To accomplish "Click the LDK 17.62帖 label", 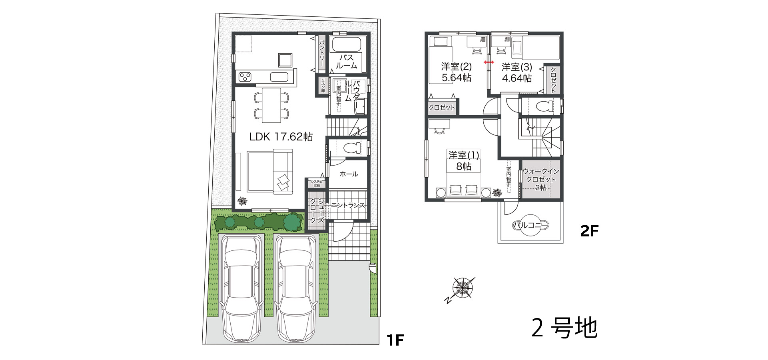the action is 281,137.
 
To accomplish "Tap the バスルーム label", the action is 346,62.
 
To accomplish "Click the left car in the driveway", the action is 242,289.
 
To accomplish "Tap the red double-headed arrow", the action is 489,62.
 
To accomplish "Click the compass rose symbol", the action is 462,288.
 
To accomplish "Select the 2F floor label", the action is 589,231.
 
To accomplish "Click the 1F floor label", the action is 395,340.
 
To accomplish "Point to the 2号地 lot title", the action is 564,328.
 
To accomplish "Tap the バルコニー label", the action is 531,225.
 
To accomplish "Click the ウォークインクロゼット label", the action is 541,179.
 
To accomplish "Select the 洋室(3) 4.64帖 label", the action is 517,72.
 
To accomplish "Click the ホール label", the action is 349,174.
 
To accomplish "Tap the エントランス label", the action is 348,205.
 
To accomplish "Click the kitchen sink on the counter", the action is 279,76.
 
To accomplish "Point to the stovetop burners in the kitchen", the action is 245,76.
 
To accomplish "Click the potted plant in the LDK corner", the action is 242,201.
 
